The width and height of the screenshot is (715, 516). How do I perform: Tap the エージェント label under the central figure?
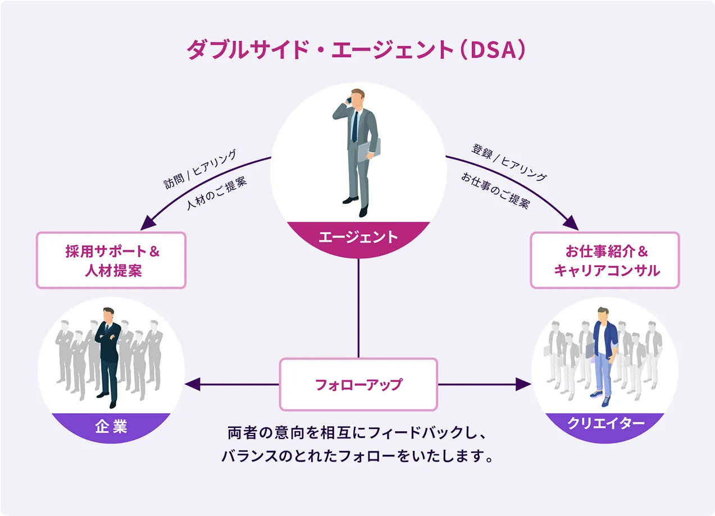coord(358,237)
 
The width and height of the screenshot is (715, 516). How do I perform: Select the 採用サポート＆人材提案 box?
coord(111,261)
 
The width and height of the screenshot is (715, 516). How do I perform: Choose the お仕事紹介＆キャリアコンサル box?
coord(605,261)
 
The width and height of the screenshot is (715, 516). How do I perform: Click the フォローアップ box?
coord(358,385)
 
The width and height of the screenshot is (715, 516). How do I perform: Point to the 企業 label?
coord(111,427)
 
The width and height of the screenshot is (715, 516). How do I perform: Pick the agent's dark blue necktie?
coord(355,125)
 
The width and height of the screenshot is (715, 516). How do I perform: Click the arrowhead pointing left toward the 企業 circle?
coord(193,385)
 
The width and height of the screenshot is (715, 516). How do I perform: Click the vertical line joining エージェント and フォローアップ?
coord(358,309)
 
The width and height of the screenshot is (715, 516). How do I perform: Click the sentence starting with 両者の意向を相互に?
coord(358,433)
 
